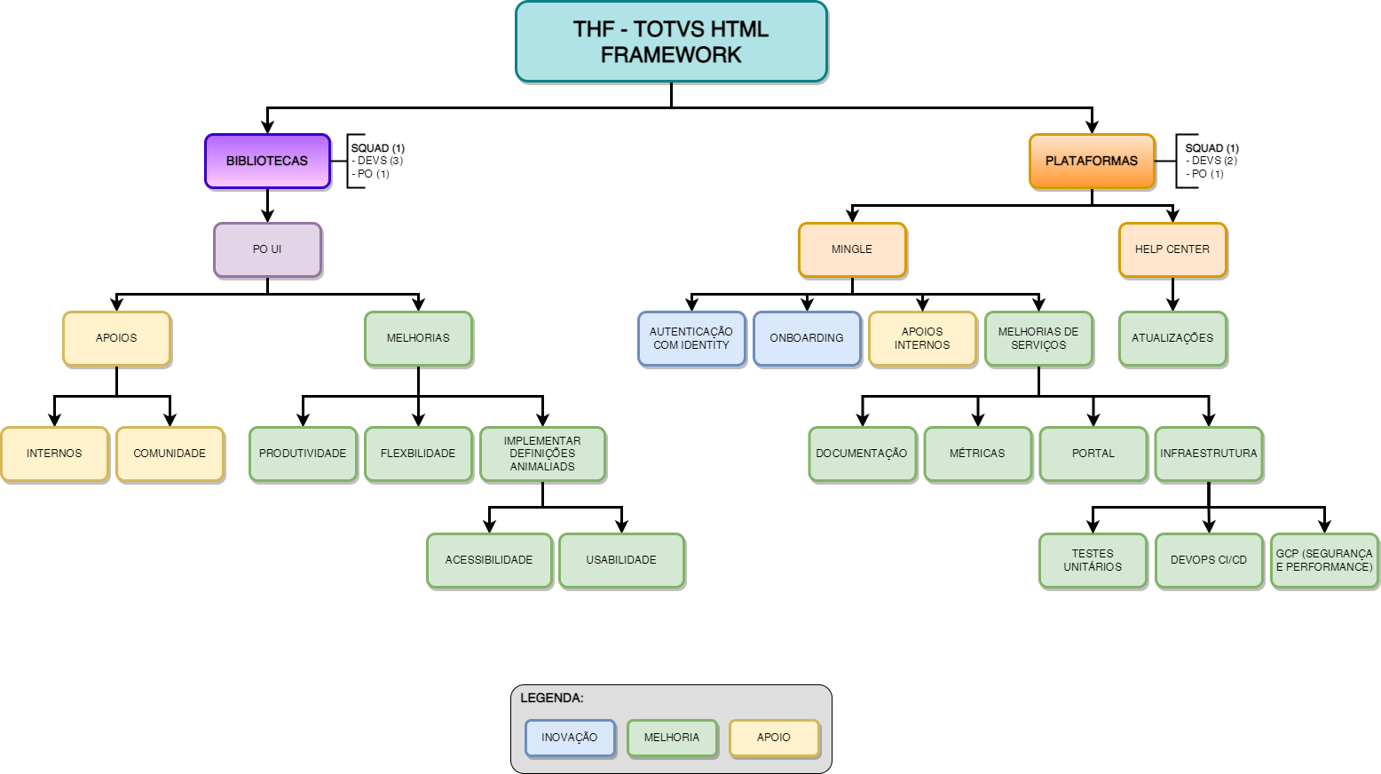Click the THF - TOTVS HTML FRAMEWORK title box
[x=671, y=42]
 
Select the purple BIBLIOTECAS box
[x=267, y=161]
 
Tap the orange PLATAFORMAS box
[x=1092, y=161]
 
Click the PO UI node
[x=267, y=249]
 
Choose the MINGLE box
[x=852, y=249]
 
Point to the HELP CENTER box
[x=1172, y=249]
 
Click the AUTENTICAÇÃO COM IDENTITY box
[x=691, y=338]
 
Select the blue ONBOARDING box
[x=807, y=338]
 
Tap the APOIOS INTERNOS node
[x=922, y=338]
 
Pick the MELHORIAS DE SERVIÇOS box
[x=1038, y=338]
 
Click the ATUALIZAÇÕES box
[x=1172, y=338]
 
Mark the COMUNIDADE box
[x=170, y=454]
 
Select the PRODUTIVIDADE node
[x=303, y=454]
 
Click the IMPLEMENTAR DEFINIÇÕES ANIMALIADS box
[x=542, y=454]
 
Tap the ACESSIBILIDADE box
[x=489, y=560]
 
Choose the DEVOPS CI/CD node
[x=1209, y=560]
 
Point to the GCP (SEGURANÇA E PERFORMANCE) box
[x=1324, y=560]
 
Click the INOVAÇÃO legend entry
[x=570, y=738]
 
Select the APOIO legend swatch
[x=774, y=738]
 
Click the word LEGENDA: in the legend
[x=552, y=699]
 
